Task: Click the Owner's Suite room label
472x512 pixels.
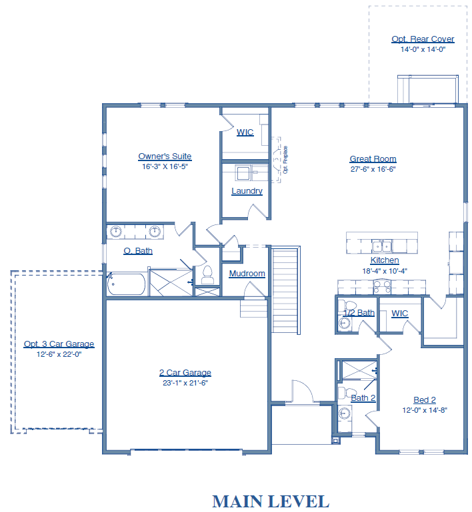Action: click(x=165, y=156)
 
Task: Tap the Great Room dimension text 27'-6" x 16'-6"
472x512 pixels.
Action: click(x=373, y=169)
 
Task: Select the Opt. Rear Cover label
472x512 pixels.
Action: click(x=423, y=39)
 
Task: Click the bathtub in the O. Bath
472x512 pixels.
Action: click(x=126, y=284)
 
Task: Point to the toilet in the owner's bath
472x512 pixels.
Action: click(x=207, y=275)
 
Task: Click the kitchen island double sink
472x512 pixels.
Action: click(x=381, y=246)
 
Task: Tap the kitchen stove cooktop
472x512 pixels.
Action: click(x=382, y=287)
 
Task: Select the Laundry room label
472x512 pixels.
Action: click(x=247, y=190)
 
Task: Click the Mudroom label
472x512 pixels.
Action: click(x=247, y=273)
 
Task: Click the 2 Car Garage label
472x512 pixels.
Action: click(x=185, y=372)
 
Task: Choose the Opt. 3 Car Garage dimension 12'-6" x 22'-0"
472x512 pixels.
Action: click(x=59, y=354)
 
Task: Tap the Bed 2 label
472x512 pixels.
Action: click(x=425, y=399)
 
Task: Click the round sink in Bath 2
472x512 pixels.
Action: click(x=344, y=413)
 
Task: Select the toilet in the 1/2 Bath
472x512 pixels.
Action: click(x=346, y=306)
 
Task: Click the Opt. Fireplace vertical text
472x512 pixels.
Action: click(x=285, y=160)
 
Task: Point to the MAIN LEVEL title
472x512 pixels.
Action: click(x=271, y=501)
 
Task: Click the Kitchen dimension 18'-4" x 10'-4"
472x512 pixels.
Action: click(x=385, y=271)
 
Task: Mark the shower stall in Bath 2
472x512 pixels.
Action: click(x=359, y=370)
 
